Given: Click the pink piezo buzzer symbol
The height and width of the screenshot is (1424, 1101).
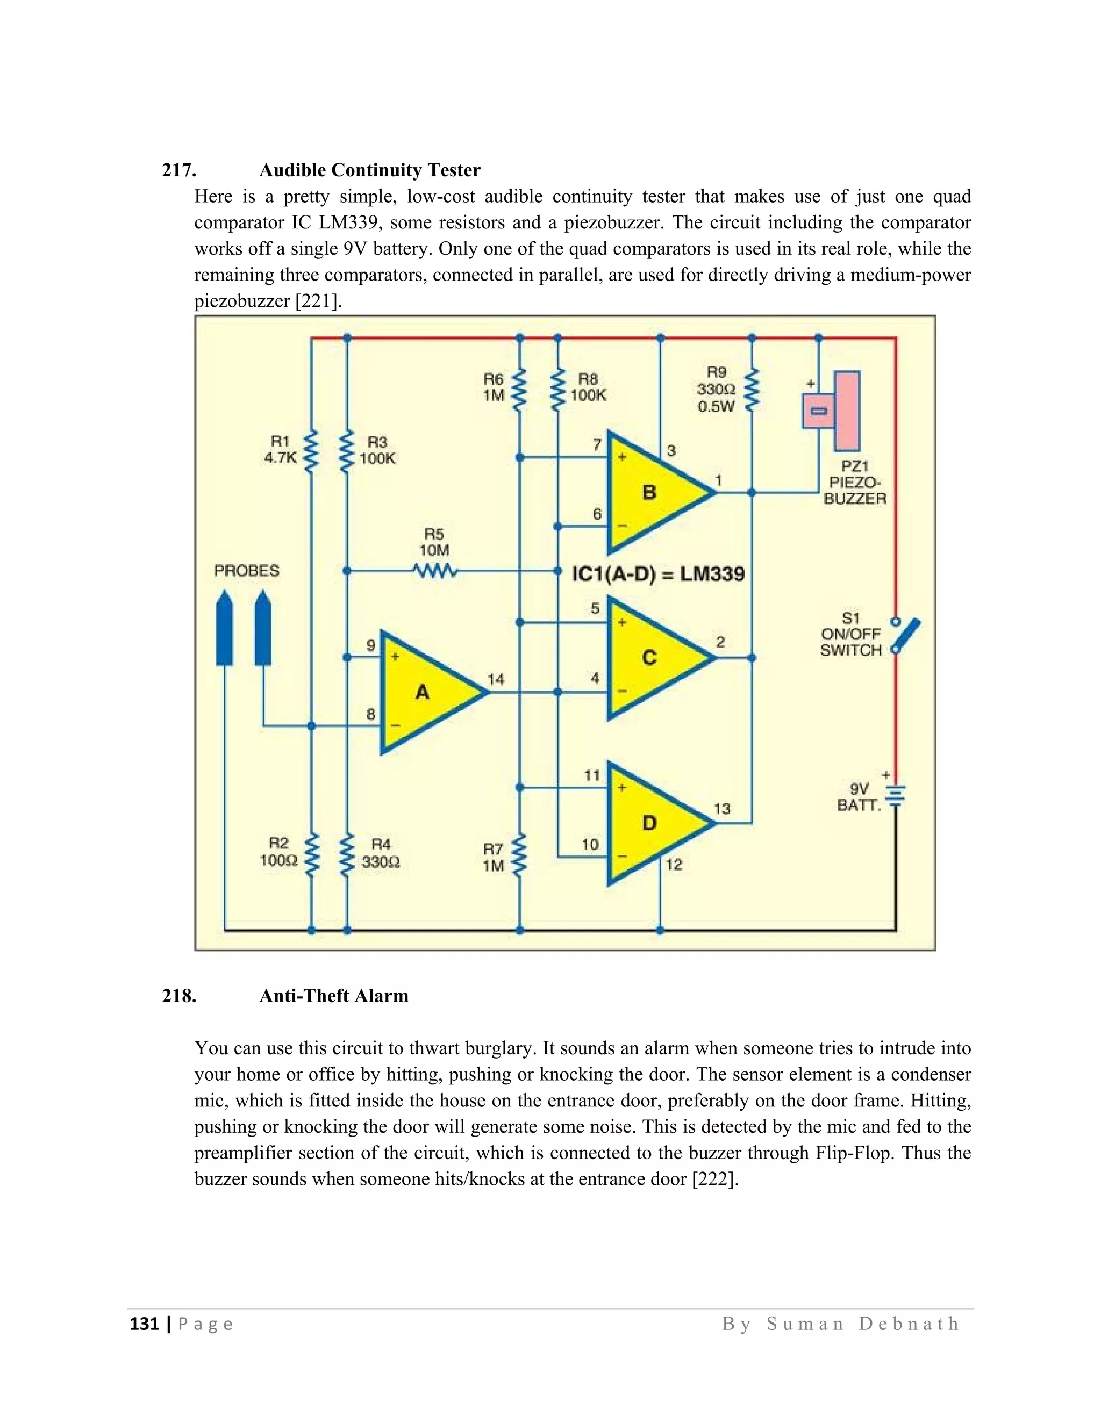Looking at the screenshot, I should (833, 411).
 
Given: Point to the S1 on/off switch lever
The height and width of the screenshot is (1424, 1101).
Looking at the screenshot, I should (906, 636).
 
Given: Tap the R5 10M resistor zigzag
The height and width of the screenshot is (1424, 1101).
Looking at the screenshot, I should (435, 571).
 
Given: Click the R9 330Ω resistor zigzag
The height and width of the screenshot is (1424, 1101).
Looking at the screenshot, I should (752, 390).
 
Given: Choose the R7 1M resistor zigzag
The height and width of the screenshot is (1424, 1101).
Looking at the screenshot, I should (520, 857).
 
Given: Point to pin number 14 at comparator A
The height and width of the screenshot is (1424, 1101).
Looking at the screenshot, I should (496, 679).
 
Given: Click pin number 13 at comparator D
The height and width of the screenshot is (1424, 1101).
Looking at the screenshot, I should (722, 809).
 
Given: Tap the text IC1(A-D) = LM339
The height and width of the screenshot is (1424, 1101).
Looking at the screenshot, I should (658, 574).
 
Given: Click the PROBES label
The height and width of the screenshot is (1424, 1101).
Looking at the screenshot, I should (247, 571).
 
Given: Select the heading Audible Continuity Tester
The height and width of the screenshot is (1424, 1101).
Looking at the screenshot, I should (370, 170).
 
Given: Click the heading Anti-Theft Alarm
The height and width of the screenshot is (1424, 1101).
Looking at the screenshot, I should (334, 996).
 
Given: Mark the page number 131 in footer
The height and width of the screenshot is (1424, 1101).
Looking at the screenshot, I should (145, 1324).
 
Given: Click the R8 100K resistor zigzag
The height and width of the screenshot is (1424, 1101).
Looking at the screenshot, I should (557, 390).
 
